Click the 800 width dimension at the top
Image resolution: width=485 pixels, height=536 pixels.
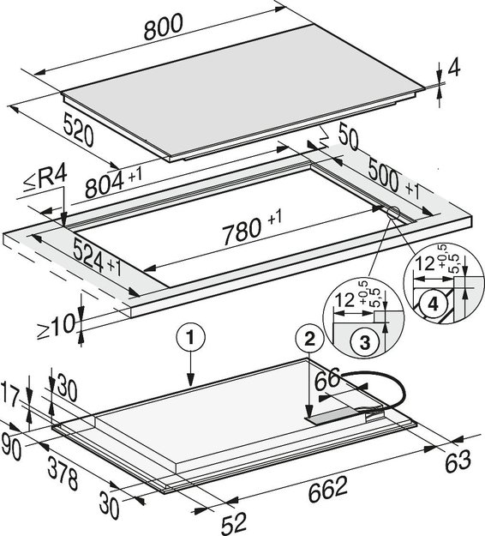(x=164, y=27)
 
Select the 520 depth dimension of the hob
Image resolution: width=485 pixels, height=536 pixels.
(x=78, y=130)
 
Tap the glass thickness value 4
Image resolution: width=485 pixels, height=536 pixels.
(x=454, y=69)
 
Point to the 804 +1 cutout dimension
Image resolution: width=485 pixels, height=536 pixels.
(x=113, y=182)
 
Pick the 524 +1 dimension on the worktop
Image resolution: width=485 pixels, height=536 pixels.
(x=98, y=257)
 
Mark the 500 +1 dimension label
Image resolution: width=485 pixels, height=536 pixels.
(x=393, y=179)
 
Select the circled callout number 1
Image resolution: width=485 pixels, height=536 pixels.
(x=190, y=338)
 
